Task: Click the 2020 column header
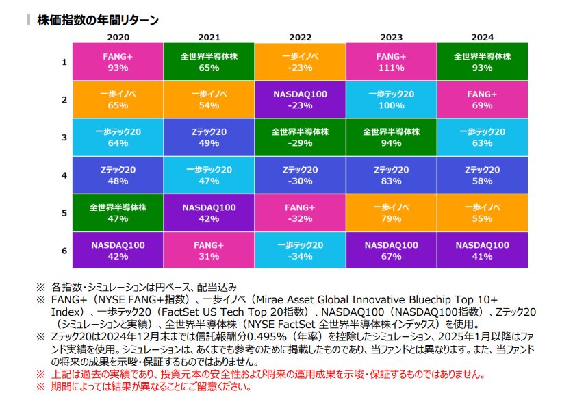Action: point(118,37)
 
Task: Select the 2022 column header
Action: point(301,37)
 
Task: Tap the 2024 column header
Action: point(482,37)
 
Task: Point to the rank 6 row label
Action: point(64,251)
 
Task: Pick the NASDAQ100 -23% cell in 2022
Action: point(301,100)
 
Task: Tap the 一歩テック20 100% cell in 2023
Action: point(391,100)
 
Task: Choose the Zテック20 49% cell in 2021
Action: point(209,138)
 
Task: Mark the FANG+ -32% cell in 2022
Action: point(301,213)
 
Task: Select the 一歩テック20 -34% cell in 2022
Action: point(301,251)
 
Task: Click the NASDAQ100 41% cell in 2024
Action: point(482,251)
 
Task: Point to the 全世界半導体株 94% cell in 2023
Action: point(391,138)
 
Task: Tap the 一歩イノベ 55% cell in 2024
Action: point(482,213)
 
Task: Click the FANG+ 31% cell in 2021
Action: point(209,251)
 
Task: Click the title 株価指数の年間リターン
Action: point(98,20)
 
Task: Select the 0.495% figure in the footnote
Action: point(280,337)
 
